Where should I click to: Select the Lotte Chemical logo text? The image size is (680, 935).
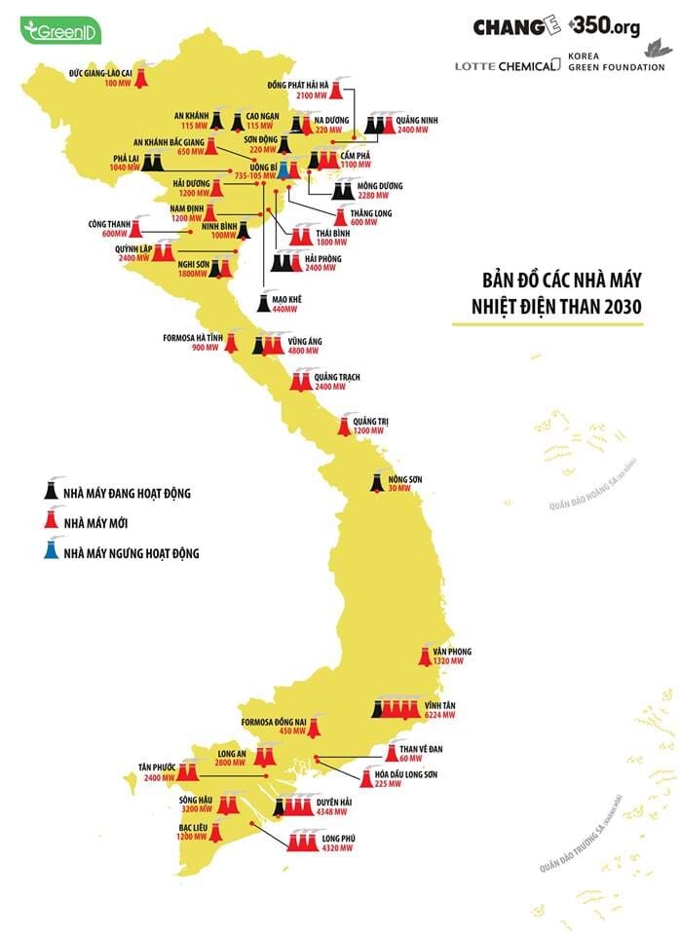click(508, 64)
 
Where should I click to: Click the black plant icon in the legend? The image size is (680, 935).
click(46, 492)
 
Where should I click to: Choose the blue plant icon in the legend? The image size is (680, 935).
click(46, 552)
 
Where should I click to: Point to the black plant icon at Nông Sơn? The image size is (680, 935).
click(375, 482)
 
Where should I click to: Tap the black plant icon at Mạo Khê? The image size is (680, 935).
click(264, 302)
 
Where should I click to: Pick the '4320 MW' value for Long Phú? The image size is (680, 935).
click(334, 847)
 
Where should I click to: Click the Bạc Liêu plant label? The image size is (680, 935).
click(191, 827)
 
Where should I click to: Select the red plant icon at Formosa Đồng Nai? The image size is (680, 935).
click(315, 726)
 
